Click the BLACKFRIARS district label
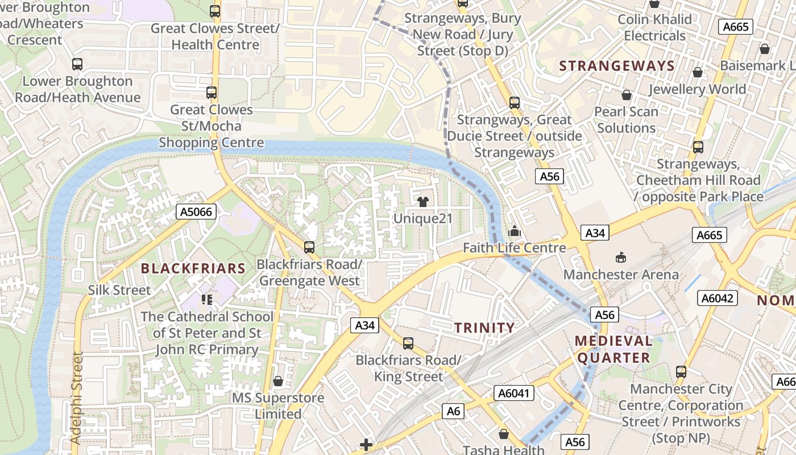click(193, 268)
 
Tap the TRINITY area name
click(484, 328)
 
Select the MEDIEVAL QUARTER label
click(613, 349)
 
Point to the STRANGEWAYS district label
click(617, 66)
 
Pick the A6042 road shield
click(719, 298)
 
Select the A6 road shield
click(453, 411)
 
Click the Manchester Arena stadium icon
click(620, 258)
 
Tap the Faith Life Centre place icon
click(514, 231)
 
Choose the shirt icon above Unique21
click(423, 201)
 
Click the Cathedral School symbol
click(206, 299)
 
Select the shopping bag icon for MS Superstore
click(278, 380)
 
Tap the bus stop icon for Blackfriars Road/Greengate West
click(309, 247)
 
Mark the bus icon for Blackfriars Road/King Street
click(408, 344)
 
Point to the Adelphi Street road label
click(77, 398)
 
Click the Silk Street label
click(119, 290)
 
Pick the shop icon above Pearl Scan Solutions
click(627, 94)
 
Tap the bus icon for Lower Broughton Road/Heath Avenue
click(77, 64)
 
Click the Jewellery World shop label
click(697, 89)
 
